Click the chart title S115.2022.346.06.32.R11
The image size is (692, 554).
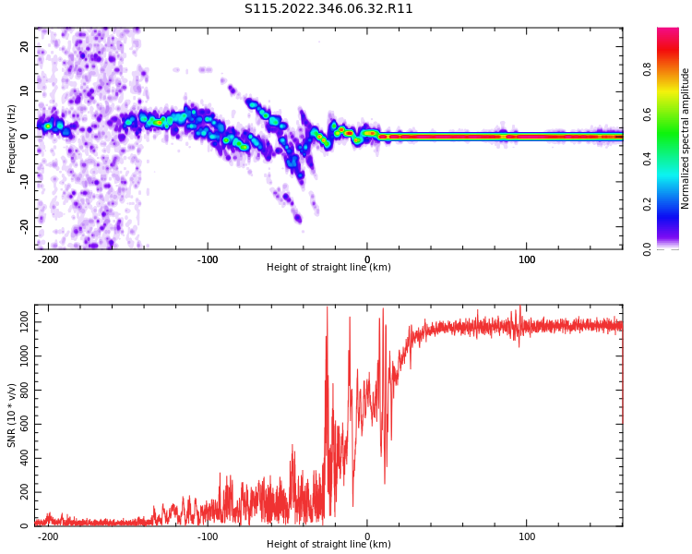328,8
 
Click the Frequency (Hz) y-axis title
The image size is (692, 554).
12,138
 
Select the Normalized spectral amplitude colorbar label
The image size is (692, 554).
686,138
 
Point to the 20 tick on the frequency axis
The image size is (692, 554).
25,46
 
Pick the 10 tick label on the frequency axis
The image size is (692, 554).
25,90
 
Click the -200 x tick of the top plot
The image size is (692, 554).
48,259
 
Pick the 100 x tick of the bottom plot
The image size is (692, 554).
526,536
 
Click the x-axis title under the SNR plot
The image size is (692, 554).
328,545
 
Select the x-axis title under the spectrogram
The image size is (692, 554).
328,268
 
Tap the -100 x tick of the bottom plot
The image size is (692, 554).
208,536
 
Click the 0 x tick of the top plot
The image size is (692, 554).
367,259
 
